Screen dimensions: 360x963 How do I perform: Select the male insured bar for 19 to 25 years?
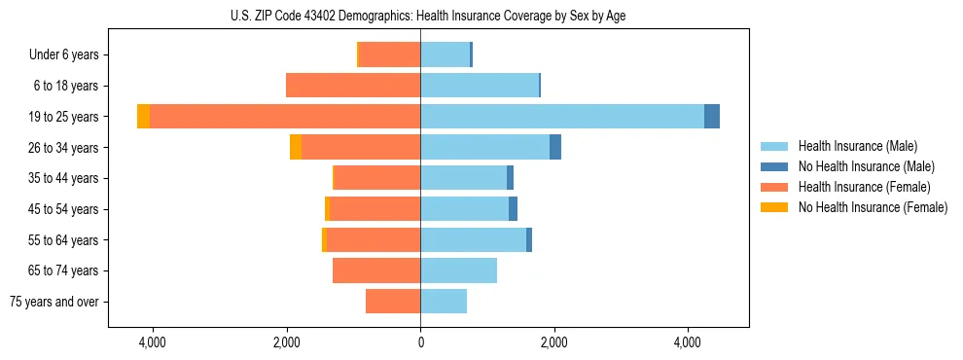click(562, 117)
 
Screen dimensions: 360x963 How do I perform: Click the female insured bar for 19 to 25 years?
click(285, 117)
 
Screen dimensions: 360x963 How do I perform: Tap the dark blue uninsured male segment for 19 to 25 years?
click(712, 117)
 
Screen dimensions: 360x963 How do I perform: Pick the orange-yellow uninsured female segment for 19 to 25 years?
click(143, 117)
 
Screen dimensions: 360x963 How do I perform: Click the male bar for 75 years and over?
click(444, 302)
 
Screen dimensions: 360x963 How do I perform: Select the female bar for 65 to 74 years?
click(376, 270)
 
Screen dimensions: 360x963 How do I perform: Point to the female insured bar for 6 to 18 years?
click(353, 86)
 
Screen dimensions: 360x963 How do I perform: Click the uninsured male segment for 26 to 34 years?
click(555, 147)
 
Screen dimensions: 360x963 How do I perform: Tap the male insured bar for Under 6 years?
click(446, 55)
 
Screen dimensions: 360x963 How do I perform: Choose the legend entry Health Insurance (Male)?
click(857, 146)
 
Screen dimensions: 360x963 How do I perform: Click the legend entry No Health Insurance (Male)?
click(866, 166)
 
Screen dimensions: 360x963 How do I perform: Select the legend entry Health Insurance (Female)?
click(864, 187)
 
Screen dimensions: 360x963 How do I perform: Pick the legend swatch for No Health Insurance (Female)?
click(776, 207)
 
